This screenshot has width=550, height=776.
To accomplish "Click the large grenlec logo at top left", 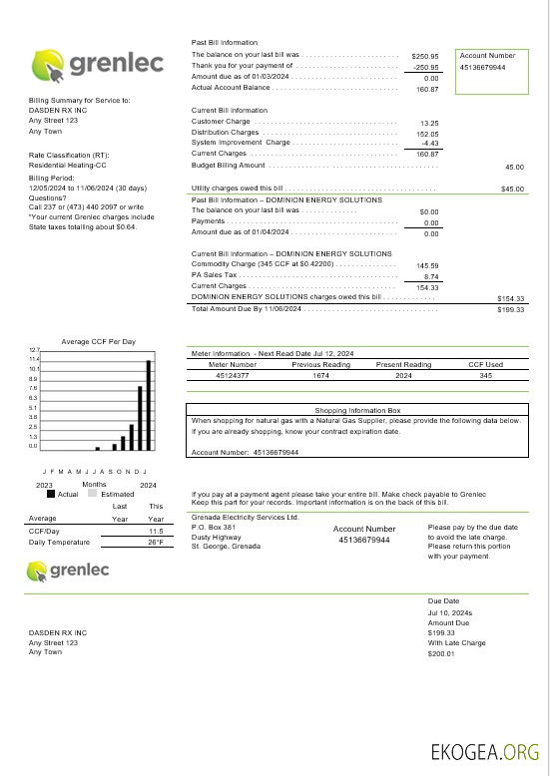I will coord(88,67).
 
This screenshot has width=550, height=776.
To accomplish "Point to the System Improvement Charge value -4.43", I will coord(430,143).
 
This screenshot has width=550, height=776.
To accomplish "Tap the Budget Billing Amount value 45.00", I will coord(514,167).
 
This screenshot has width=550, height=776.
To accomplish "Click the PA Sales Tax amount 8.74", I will coord(431,276).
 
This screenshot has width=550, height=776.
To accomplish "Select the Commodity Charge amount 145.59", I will coord(427,265).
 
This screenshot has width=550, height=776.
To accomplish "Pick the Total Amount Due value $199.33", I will coord(510,309).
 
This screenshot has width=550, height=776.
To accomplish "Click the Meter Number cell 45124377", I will coord(232,376).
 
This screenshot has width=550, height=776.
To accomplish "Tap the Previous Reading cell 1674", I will coord(320,376).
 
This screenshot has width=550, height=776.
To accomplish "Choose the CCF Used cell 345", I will coord(486,376).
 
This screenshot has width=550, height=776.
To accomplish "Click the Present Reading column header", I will coord(403,365).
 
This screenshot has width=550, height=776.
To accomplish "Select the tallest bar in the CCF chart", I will coord(149,405).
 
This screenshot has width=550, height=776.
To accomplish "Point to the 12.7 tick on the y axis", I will coord(33,350).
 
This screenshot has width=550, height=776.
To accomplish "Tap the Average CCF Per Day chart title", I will coord(97,341).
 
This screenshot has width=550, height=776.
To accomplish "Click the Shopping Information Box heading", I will coord(356,410).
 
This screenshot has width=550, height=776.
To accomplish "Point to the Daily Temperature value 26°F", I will coord(155,542).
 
